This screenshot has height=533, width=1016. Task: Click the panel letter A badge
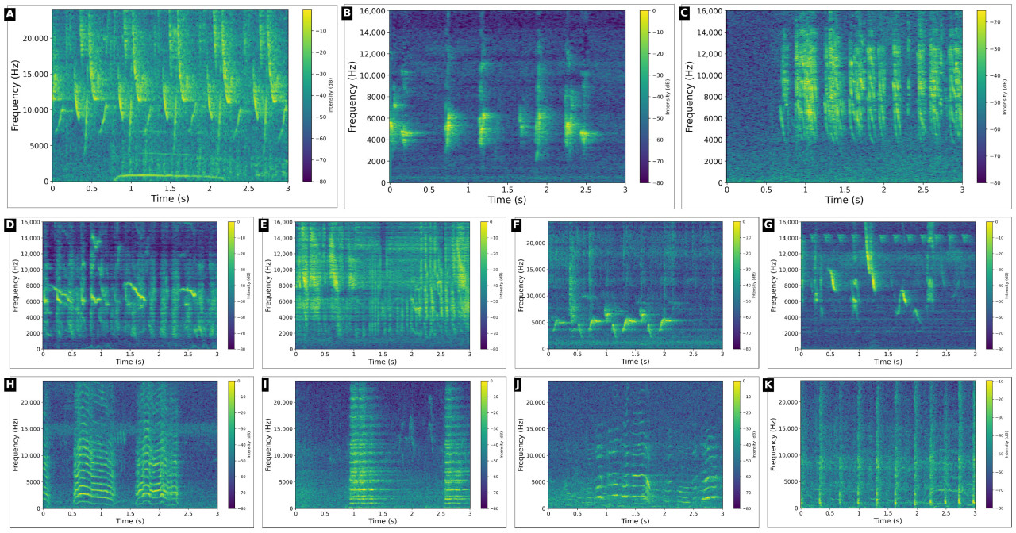[10, 13]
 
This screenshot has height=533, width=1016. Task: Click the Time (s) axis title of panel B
[507, 200]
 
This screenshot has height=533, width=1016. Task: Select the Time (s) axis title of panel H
[129, 522]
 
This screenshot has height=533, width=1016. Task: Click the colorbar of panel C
[981, 96]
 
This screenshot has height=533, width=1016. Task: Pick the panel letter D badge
[10, 225]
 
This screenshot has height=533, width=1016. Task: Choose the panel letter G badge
[768, 225]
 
